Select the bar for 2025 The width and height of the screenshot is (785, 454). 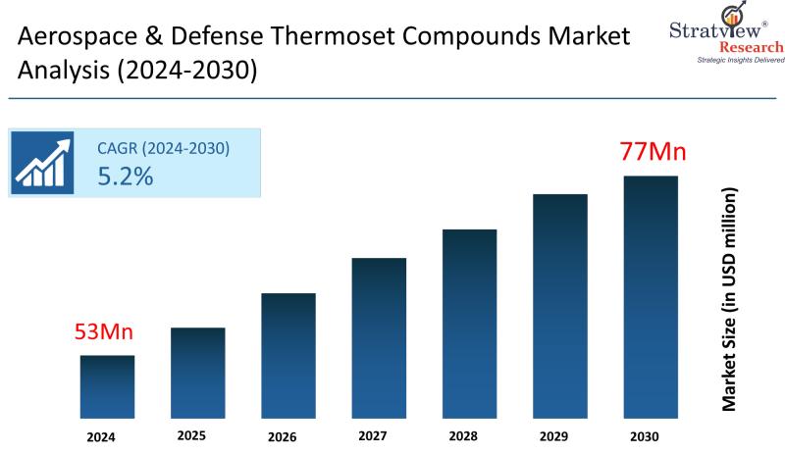(x=197, y=372)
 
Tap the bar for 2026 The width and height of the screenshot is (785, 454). (x=288, y=354)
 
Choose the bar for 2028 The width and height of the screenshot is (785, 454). (x=470, y=323)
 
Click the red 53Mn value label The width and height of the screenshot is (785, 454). (x=103, y=332)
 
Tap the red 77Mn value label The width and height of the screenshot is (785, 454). (x=652, y=153)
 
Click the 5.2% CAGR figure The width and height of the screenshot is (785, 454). (x=125, y=177)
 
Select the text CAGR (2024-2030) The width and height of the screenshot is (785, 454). (x=163, y=149)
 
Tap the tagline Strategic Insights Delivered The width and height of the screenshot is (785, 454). (x=727, y=61)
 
